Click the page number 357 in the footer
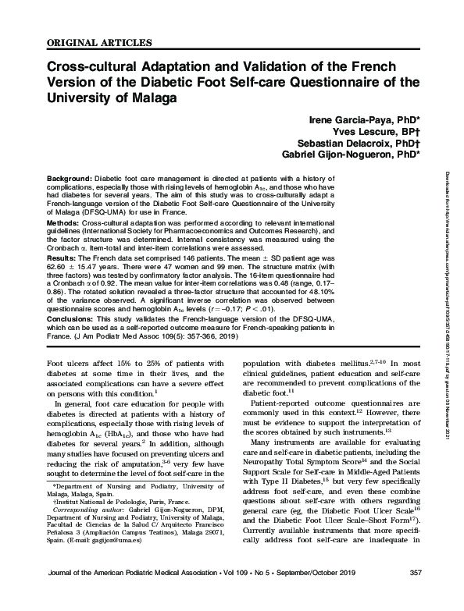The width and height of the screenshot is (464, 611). [x=415, y=595]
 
